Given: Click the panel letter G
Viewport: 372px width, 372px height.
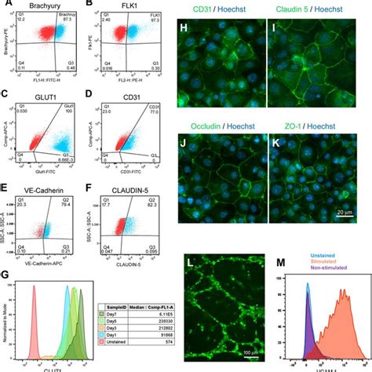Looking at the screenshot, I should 5,276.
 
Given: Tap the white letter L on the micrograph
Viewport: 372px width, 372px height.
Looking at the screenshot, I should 192,259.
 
